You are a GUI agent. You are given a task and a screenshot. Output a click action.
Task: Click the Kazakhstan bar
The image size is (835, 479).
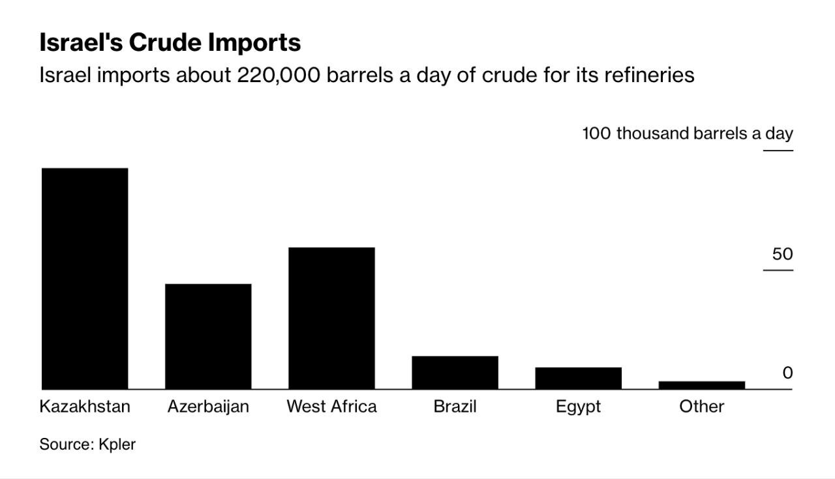(x=85, y=278)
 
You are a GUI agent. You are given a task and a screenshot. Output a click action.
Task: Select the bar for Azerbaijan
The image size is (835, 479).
(x=208, y=336)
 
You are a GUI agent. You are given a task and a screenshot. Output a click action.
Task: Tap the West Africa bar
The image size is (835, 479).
(x=331, y=318)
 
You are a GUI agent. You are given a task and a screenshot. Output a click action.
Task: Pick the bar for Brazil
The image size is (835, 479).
(x=455, y=373)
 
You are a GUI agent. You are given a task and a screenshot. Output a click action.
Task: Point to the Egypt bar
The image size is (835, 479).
(x=578, y=379)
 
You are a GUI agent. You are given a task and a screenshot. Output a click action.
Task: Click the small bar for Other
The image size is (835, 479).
(x=701, y=385)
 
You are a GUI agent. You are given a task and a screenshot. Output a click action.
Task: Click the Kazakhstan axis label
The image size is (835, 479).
(x=85, y=407)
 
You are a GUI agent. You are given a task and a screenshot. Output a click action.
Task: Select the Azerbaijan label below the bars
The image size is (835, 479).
(x=208, y=407)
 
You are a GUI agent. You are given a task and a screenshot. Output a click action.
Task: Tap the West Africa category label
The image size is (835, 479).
(x=331, y=407)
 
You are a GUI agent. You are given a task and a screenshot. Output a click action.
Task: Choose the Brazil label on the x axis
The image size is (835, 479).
(x=455, y=407)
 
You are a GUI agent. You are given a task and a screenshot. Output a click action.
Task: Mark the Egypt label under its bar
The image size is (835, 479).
(x=578, y=407)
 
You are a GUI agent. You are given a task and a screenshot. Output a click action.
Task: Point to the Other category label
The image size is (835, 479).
(x=701, y=407)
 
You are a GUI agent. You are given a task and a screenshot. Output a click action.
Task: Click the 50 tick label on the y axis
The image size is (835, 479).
(x=782, y=254)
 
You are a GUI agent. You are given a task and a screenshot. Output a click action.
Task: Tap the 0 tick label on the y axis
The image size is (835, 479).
(x=787, y=373)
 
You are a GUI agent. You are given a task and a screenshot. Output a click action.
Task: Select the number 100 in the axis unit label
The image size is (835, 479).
(x=596, y=134)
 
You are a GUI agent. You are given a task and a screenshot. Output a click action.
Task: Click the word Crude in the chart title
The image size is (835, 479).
(x=165, y=42)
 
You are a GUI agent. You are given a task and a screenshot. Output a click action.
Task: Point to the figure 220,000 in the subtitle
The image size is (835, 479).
(x=279, y=75)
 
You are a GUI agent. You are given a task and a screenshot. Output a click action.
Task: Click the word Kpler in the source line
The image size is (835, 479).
(x=117, y=444)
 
